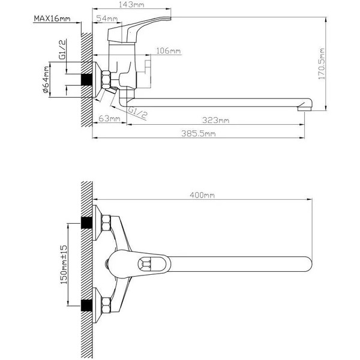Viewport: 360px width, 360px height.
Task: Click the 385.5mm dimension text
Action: pyautogui.click(x=199, y=133)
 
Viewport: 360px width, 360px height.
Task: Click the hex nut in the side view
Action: pyautogui.click(x=106, y=79)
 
